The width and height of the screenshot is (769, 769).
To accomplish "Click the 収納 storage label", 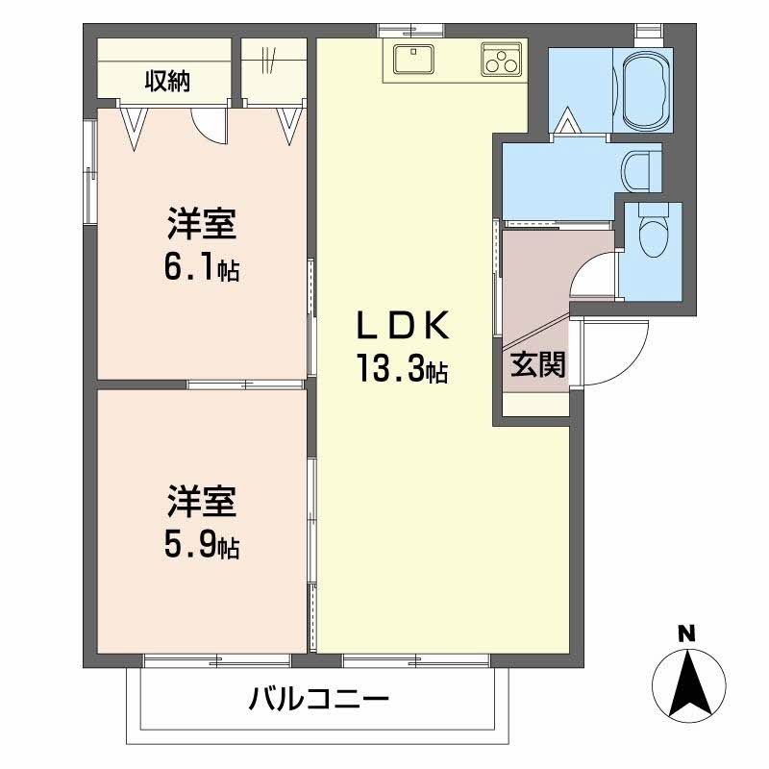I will click(167, 82).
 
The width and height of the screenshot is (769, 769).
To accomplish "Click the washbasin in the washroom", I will click(636, 171).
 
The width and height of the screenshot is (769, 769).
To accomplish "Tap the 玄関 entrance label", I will click(536, 366).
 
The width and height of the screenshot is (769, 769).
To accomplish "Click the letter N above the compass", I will click(686, 633).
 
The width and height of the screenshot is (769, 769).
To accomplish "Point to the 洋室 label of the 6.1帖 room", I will click(200, 227).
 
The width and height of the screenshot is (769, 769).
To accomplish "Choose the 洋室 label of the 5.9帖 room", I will click(200, 504).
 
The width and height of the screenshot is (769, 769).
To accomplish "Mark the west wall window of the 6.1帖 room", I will click(88, 173).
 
